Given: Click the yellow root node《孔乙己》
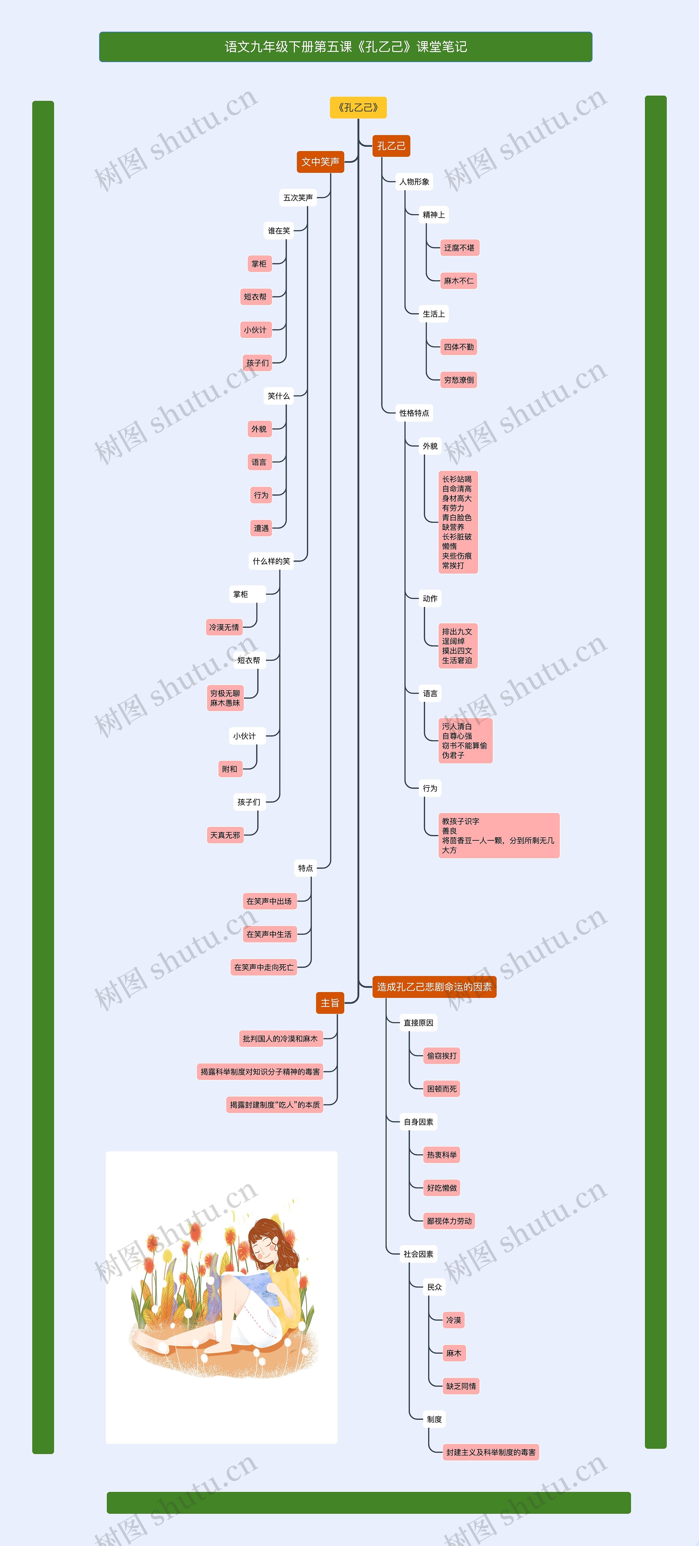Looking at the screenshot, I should pyautogui.click(x=358, y=107).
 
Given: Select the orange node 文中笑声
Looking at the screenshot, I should pyautogui.click(x=320, y=161).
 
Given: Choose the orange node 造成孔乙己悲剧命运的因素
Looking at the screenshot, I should pyautogui.click(x=434, y=987).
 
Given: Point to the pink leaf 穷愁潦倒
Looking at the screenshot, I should pyautogui.click(x=459, y=379).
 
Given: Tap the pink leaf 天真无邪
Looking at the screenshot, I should pyautogui.click(x=225, y=835).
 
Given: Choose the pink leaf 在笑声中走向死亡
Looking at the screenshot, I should pyautogui.click(x=264, y=967).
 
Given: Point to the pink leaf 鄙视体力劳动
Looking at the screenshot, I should pyautogui.click(x=449, y=1221).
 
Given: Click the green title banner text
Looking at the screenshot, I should pyautogui.click(x=346, y=47).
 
